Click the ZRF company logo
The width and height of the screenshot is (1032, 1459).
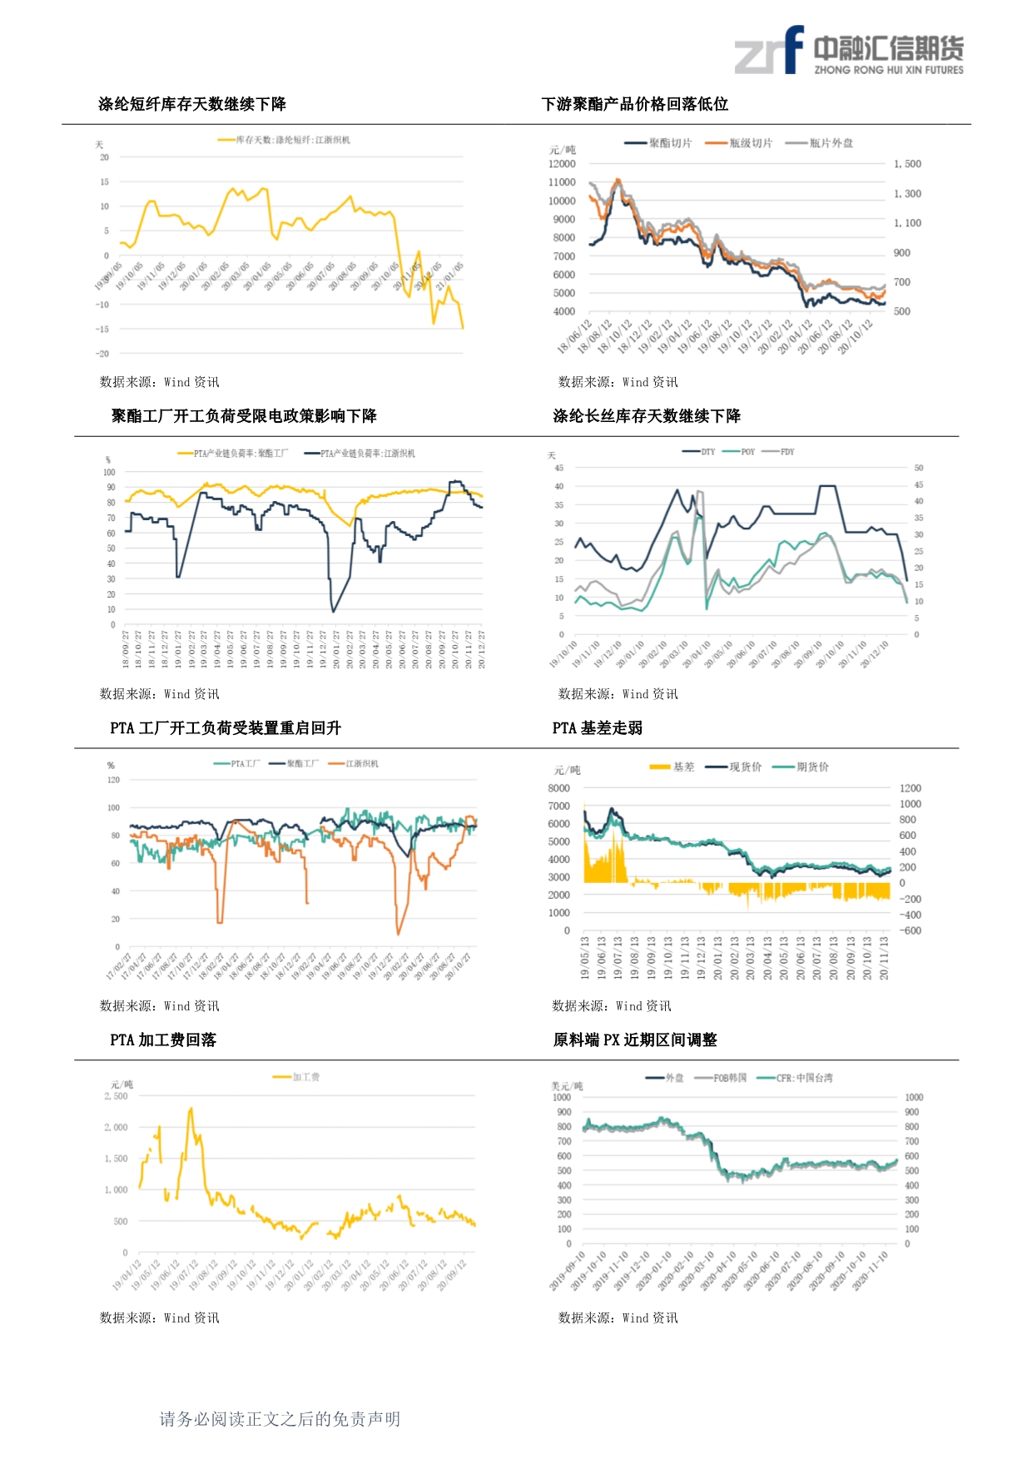click(x=848, y=51)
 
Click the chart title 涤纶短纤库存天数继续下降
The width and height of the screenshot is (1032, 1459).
click(x=191, y=104)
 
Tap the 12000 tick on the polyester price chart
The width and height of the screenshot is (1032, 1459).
click(x=562, y=164)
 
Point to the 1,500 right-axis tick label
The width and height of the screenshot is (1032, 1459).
click(x=907, y=164)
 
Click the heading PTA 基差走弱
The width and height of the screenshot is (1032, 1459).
click(x=597, y=728)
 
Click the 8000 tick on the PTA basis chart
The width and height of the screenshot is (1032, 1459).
click(x=558, y=788)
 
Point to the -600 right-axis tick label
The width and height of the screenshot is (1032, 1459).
click(x=910, y=930)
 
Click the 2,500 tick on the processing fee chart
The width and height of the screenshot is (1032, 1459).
click(x=117, y=1096)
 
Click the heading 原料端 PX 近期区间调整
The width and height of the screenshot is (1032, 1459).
click(x=634, y=1040)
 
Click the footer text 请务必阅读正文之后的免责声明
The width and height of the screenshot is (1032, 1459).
click(x=280, y=1419)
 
